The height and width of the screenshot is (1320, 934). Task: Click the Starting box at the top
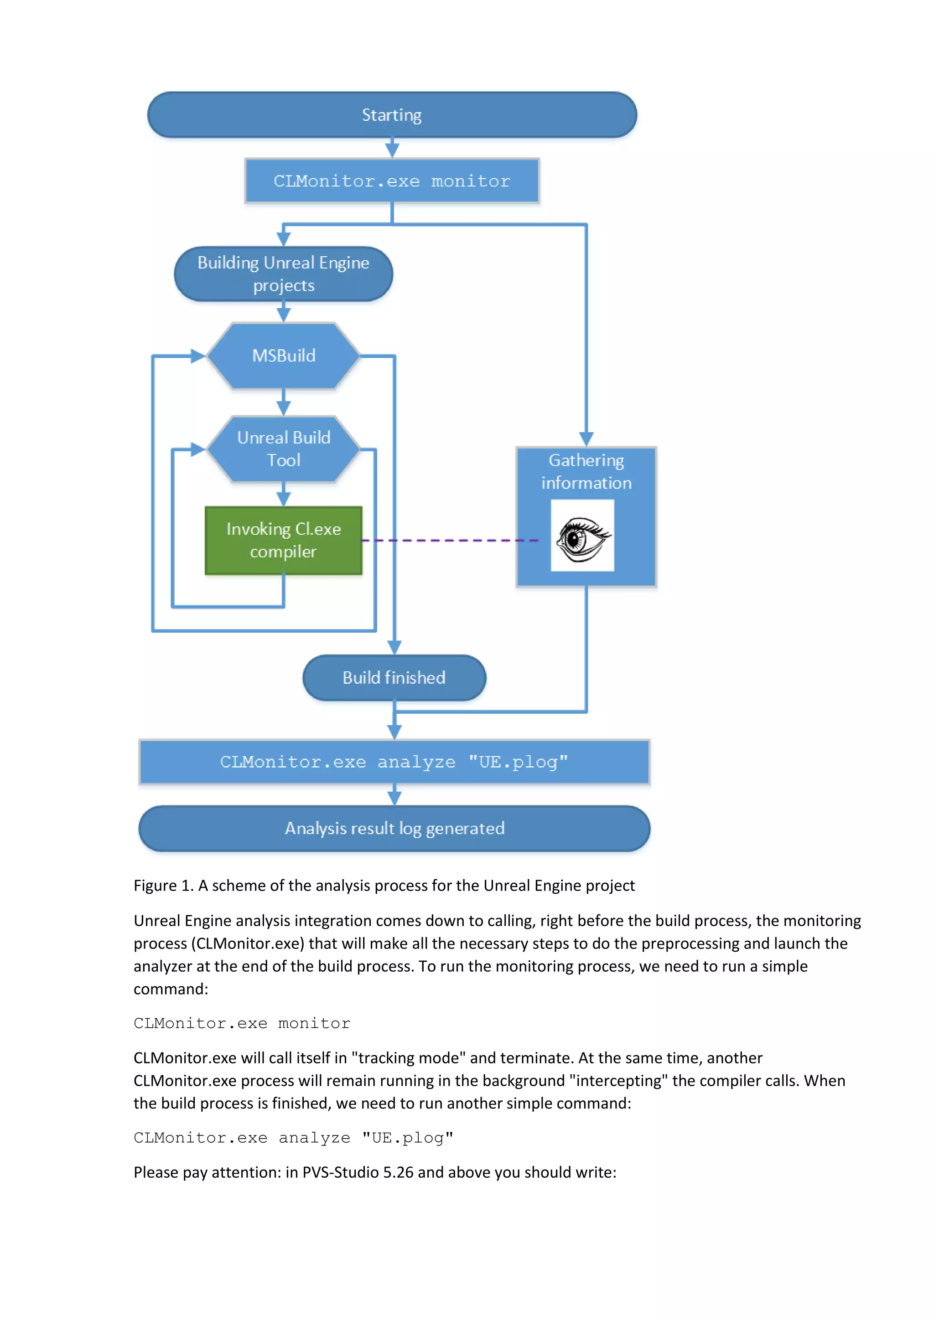[x=392, y=115]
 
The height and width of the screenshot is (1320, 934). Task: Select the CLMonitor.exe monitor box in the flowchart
[x=392, y=181]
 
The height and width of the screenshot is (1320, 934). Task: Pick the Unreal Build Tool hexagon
[x=284, y=449]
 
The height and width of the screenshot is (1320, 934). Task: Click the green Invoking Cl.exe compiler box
[x=284, y=541]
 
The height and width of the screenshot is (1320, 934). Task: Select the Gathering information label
[x=586, y=471]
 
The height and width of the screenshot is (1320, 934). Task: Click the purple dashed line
[x=449, y=541]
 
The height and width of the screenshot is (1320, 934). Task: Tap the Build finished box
[x=394, y=678]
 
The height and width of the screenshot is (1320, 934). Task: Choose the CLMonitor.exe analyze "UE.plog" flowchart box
[x=394, y=762]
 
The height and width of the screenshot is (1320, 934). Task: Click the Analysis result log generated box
[x=394, y=829]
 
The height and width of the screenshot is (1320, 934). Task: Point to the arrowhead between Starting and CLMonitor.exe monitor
[x=392, y=150]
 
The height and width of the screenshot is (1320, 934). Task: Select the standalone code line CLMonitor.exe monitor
[x=242, y=1023]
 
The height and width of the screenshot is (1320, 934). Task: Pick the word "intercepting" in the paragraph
[x=618, y=1081]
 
